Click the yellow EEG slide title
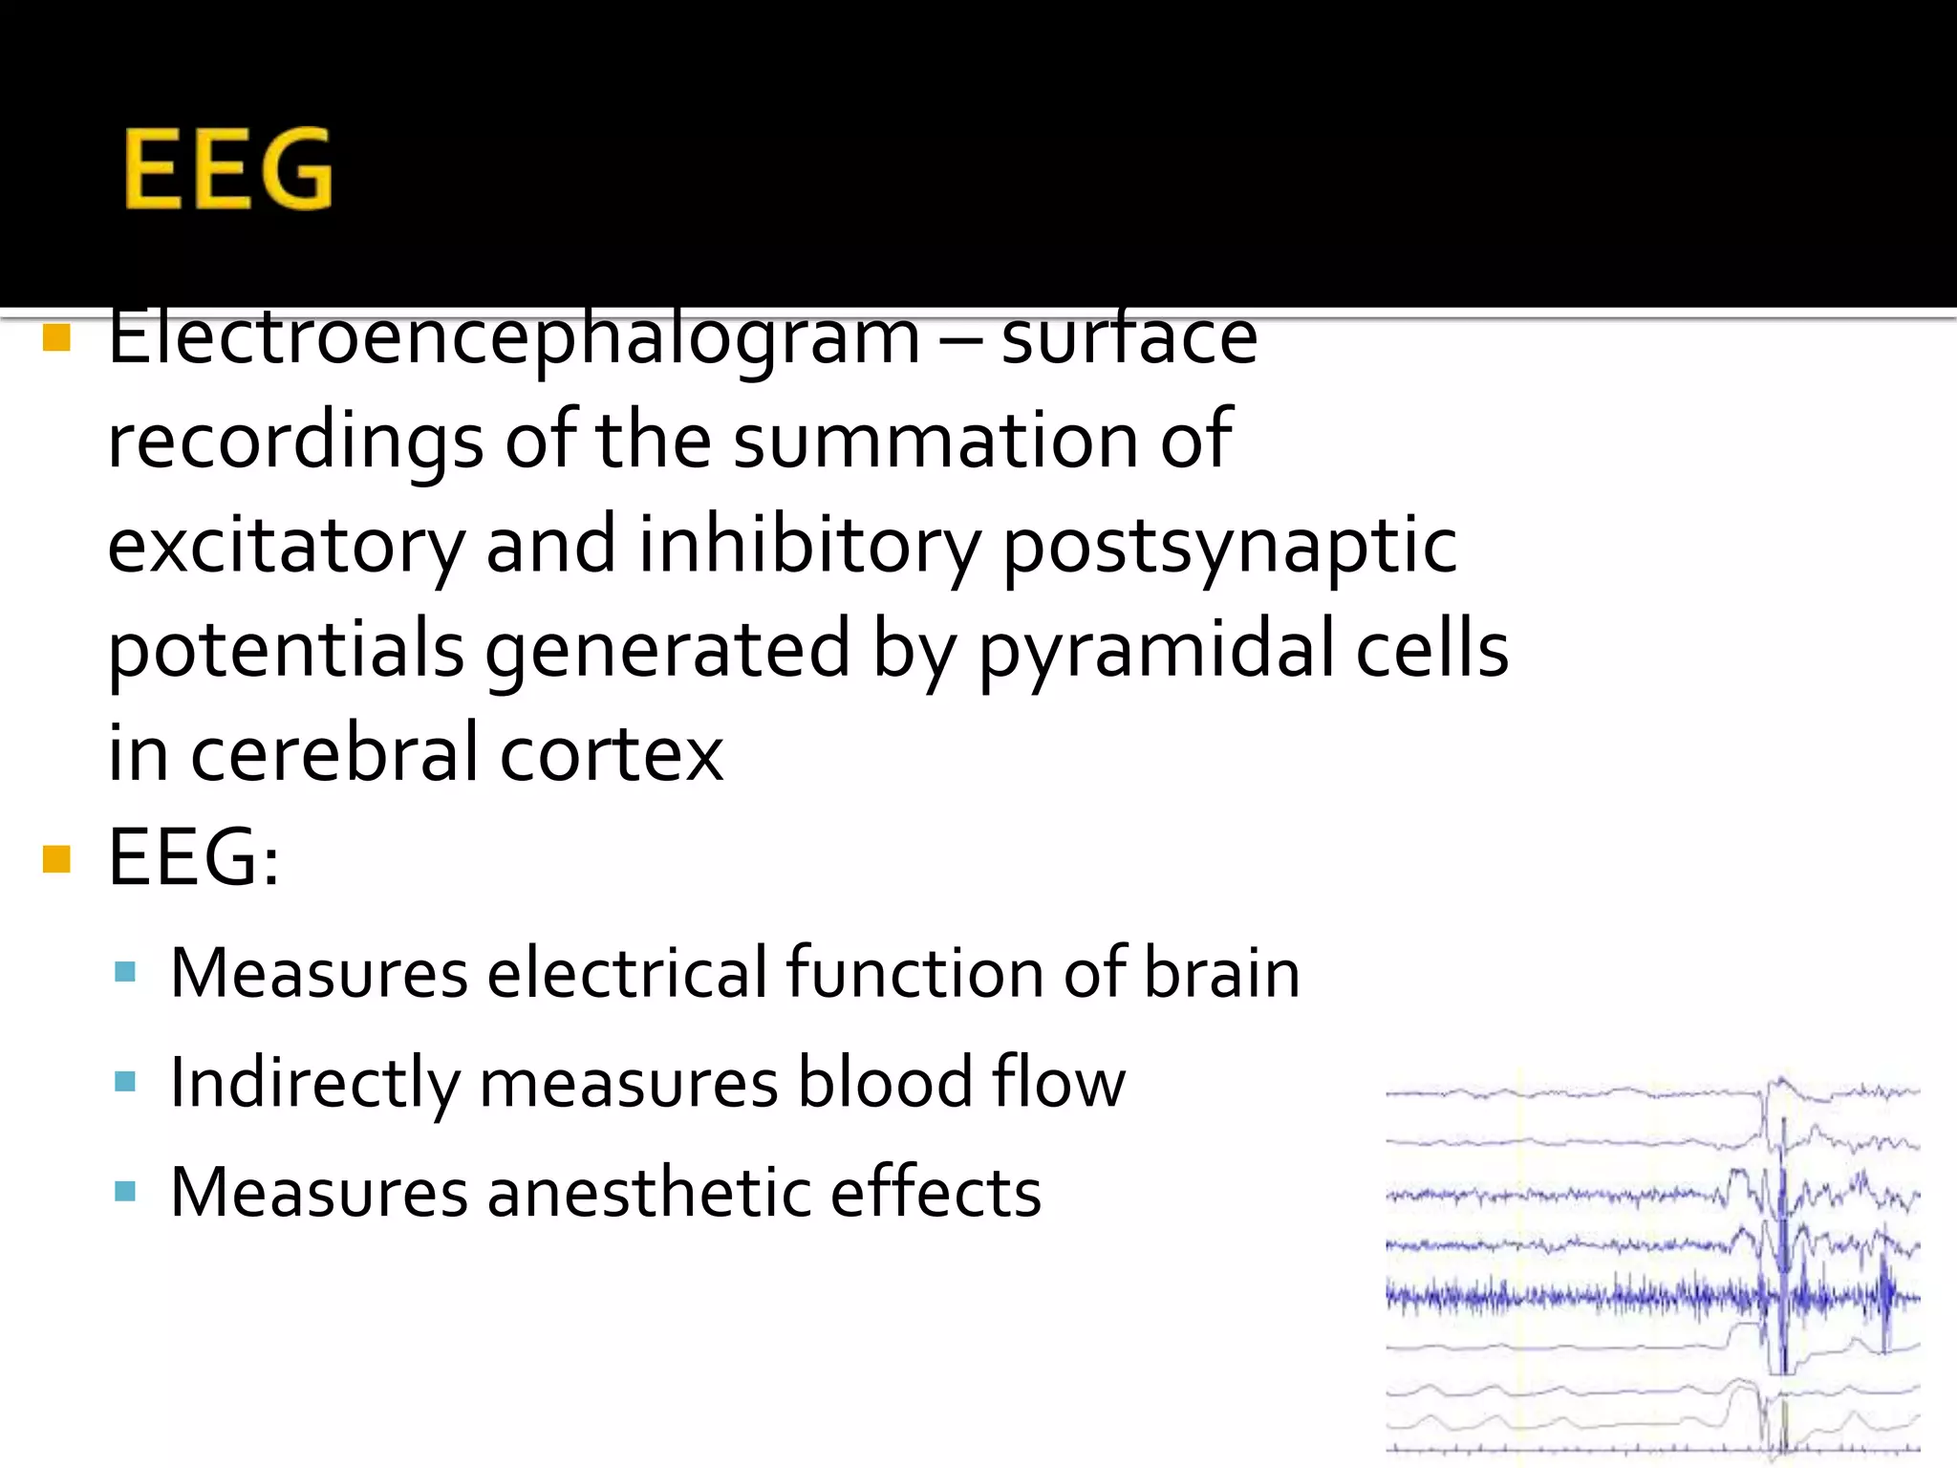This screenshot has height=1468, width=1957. coord(228,169)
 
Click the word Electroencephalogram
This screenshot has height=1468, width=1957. coord(514,340)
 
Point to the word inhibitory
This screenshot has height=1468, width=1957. coord(809,544)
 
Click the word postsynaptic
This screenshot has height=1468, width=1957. coord(1230,546)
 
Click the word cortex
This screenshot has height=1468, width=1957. coord(612,754)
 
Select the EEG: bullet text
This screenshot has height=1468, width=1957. coord(194,857)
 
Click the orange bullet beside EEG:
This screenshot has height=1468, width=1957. coord(57,859)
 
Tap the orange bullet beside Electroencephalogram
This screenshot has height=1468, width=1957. coord(57,338)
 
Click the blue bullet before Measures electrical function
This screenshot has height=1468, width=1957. coord(124,973)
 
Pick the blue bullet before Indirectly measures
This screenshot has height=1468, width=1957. coord(124,1082)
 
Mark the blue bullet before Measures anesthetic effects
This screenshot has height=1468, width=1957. coord(124,1191)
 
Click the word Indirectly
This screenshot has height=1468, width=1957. coord(314,1083)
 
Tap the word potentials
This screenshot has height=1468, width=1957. coord(286,650)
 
